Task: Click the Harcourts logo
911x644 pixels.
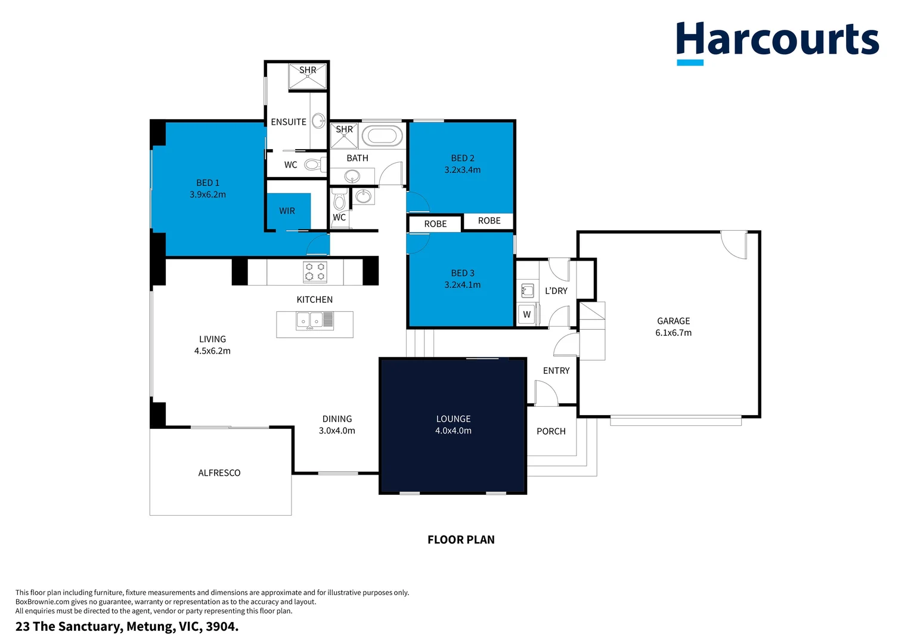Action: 777,43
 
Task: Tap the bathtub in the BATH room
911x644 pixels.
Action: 382,136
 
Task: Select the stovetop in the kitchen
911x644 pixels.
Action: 315,272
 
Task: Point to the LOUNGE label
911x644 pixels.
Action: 453,419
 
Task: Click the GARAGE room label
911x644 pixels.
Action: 673,321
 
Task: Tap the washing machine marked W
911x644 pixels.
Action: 527,314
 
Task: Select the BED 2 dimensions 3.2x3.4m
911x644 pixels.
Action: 463,169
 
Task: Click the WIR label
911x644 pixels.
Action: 287,210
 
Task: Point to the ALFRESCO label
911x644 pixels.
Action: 219,473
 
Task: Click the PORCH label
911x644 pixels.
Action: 551,431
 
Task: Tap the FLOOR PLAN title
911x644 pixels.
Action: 461,540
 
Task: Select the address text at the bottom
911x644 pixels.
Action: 127,627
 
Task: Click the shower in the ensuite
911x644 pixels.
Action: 308,76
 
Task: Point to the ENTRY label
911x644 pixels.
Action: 556,371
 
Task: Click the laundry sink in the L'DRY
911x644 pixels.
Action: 528,290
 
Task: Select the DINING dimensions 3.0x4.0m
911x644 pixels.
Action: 337,431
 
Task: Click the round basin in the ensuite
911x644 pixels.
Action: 318,121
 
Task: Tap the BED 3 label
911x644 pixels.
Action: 463,273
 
